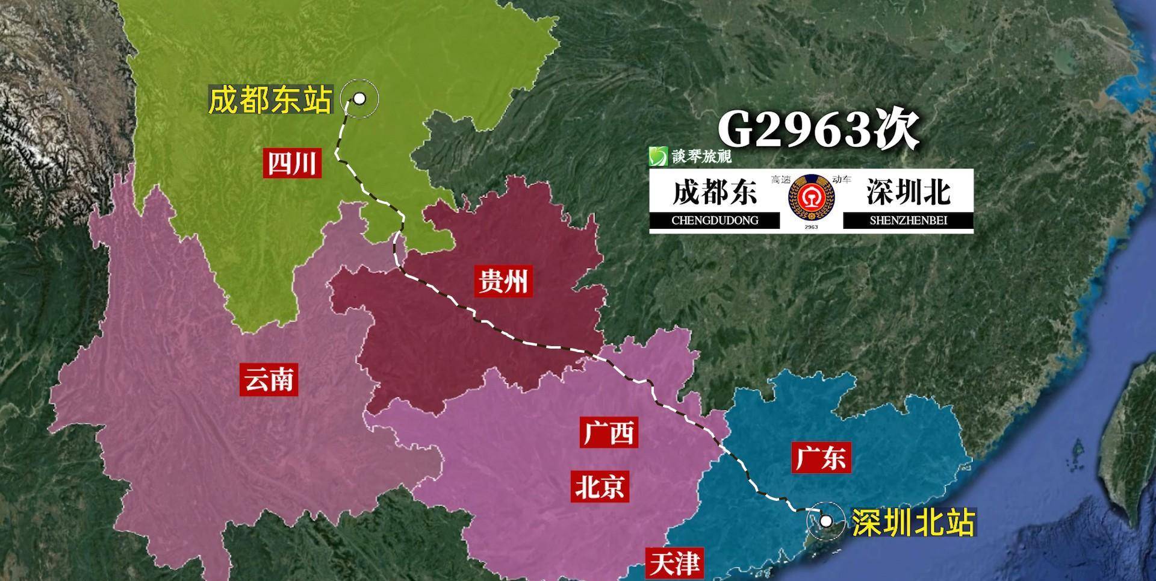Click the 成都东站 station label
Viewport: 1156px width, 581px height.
270,100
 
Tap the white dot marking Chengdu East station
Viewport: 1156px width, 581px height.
359,98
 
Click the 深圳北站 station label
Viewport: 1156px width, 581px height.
913,522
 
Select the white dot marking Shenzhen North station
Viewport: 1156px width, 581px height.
826,521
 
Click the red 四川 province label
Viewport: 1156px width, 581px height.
292,163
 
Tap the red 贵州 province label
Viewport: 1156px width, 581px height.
503,281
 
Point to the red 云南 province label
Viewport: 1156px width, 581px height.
269,380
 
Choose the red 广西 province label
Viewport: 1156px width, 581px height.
609,432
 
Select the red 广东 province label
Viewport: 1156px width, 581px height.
821,458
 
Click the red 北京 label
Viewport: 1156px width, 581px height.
600,486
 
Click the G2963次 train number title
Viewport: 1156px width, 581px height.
818,129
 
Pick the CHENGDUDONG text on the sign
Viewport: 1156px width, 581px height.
715,220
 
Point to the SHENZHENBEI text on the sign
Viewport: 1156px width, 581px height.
908,220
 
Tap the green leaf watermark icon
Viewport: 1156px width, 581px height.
658,157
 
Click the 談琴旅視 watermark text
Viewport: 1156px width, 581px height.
701,157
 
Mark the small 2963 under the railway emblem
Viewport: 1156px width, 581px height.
811,227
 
